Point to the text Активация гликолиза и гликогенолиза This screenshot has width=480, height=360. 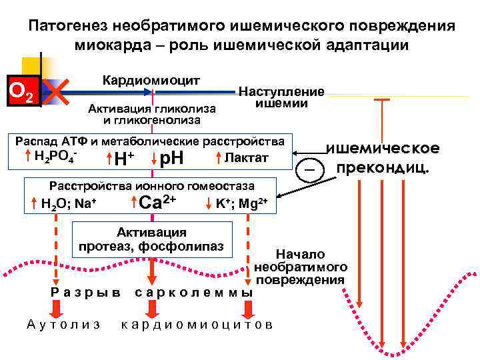coord(151,114)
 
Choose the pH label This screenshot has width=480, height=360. coord(172,159)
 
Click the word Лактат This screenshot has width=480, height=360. coord(247,158)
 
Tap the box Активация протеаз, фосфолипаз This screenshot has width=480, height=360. coord(152,239)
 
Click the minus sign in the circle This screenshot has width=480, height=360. coord(308,171)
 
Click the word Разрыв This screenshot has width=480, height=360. coord(86,293)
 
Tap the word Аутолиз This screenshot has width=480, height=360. coord(64,324)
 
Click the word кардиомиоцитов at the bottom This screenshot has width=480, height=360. coord(197,324)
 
